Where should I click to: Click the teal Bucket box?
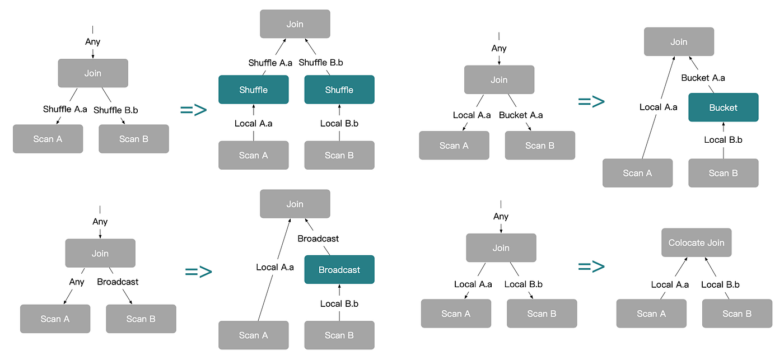tap(723, 107)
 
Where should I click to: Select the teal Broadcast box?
tap(339, 269)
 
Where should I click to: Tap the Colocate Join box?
tap(696, 242)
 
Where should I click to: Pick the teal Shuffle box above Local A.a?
tap(253, 90)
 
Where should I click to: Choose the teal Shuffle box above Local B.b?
tap(339, 90)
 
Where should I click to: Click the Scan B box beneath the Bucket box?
tap(723, 173)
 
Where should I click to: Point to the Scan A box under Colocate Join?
tap(651, 314)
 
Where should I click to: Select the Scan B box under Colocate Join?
tap(737, 314)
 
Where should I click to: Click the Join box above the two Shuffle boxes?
tap(295, 24)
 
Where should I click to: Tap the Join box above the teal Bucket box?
tap(679, 41)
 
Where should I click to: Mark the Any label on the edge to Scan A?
tap(77, 282)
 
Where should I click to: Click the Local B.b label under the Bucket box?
tap(723, 140)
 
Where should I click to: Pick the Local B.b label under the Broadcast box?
tap(339, 303)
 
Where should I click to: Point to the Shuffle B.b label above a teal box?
tap(320, 63)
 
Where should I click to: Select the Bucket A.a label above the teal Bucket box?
tap(703, 78)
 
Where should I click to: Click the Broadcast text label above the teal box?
tap(318, 239)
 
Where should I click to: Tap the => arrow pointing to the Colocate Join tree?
tap(591, 267)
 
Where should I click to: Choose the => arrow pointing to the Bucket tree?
tap(591, 101)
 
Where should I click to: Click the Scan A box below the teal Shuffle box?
tap(253, 155)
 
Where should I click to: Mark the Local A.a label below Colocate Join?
tap(670, 284)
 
